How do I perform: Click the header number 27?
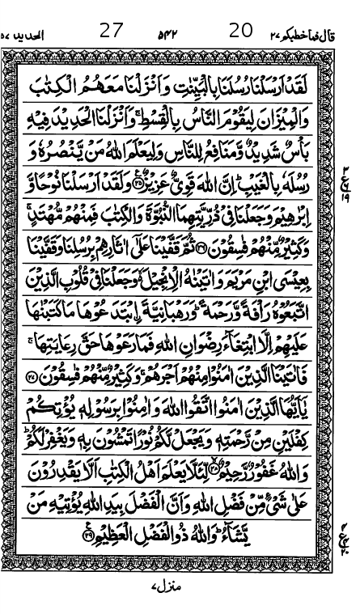[x=112, y=32]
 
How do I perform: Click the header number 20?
[x=241, y=32]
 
